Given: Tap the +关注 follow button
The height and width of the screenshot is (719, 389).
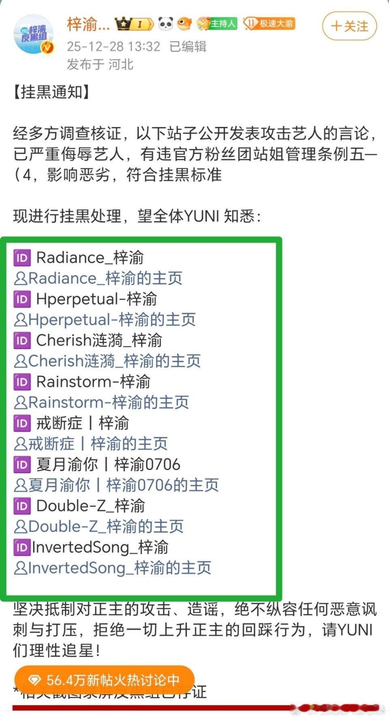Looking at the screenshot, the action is pyautogui.click(x=349, y=26).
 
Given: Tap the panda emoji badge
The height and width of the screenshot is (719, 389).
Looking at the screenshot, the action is pyautogui.click(x=166, y=24).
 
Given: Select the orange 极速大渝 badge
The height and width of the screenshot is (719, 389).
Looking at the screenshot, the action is pyautogui.click(x=269, y=24).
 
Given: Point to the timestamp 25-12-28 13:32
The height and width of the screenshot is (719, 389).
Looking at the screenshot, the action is pyautogui.click(x=113, y=46).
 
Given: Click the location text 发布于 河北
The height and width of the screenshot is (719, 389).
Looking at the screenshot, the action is pyautogui.click(x=100, y=64).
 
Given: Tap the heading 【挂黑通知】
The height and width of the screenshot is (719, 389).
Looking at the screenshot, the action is pyautogui.click(x=51, y=92).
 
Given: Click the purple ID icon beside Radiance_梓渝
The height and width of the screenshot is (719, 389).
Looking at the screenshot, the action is pyautogui.click(x=22, y=258).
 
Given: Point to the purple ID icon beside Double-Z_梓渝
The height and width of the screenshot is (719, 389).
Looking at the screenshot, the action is pyautogui.click(x=22, y=506).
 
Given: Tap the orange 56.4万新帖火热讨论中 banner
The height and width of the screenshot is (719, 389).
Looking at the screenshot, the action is pyautogui.click(x=104, y=680).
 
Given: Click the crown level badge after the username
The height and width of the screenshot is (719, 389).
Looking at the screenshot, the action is pyautogui.click(x=134, y=24).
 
